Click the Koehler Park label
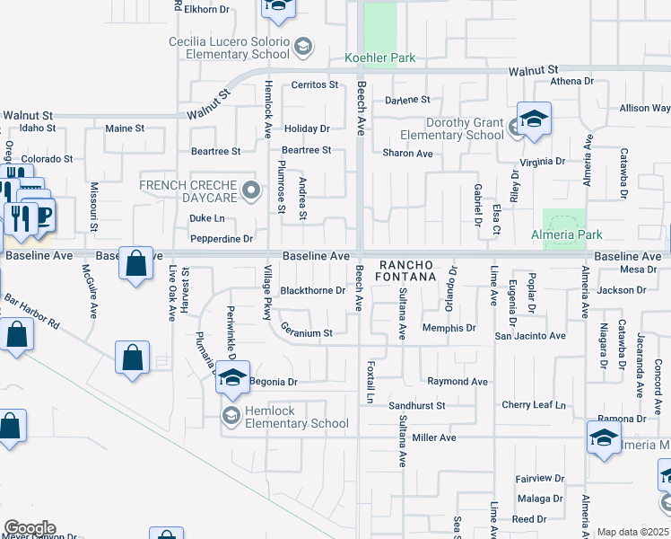tap(380, 58)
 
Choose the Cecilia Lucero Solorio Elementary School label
tap(230, 49)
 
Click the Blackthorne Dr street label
tap(312, 290)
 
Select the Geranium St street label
tap(306, 332)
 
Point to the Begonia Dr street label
tap(273, 382)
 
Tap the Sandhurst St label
tap(416, 406)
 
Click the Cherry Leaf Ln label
tap(535, 405)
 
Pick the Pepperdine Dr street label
tap(222, 239)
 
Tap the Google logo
tap(29, 528)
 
